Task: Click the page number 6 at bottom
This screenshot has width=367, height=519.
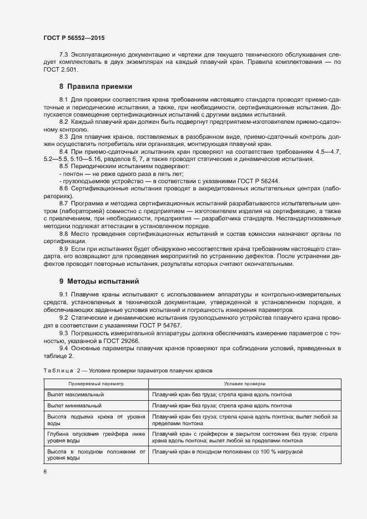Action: point(45,472)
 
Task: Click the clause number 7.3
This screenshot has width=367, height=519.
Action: point(63,54)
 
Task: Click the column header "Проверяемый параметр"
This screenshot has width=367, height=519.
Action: point(96,384)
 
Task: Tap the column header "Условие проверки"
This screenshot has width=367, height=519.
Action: point(244,384)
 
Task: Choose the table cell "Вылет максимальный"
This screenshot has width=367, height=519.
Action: point(75,395)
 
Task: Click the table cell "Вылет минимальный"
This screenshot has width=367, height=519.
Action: point(74,406)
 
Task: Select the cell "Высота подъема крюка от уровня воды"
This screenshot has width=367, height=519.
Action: point(96,420)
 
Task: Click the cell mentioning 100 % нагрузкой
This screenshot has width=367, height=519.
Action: point(227,452)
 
